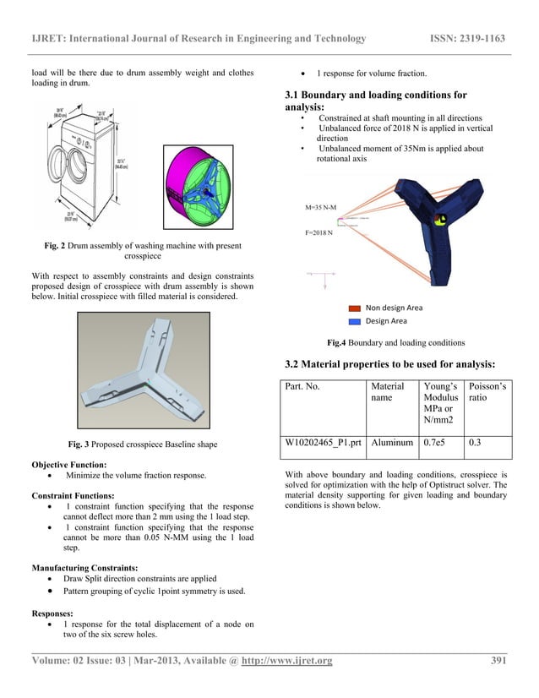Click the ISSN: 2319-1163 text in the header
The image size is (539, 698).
point(469,38)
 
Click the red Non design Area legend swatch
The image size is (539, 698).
point(354,308)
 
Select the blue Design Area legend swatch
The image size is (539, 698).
point(354,321)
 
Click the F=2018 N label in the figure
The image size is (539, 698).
point(318,232)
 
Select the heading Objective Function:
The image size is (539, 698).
point(68,464)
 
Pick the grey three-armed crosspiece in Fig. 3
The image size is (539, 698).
point(144,372)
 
